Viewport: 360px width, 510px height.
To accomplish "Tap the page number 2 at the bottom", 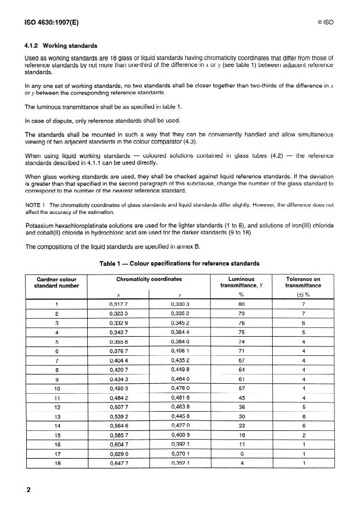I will (x=27, y=489).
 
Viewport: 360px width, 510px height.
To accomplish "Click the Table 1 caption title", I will (x=180, y=263).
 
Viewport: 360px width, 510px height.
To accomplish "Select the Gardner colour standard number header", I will (x=57, y=283).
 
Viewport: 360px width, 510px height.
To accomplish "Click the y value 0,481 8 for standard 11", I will (x=180, y=397).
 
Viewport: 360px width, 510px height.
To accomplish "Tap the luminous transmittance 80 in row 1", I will (x=241, y=304).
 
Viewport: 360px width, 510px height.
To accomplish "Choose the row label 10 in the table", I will (x=57, y=388).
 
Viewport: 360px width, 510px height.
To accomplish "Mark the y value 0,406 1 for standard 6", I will (x=180, y=351).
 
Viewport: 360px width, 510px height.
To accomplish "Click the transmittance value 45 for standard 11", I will (x=241, y=397).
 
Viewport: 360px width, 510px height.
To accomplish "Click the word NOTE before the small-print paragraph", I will (x=33, y=205).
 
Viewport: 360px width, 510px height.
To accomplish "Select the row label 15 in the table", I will (x=57, y=434).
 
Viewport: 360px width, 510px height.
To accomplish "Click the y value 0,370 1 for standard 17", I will (x=180, y=453).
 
